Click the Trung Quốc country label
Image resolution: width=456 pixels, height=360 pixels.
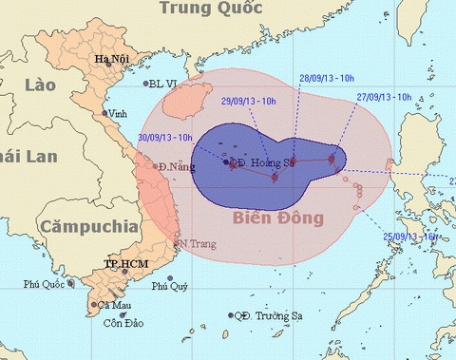210,9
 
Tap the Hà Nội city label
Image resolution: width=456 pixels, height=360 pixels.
110,60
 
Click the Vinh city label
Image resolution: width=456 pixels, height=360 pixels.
119,113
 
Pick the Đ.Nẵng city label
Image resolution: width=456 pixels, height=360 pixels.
177,167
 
